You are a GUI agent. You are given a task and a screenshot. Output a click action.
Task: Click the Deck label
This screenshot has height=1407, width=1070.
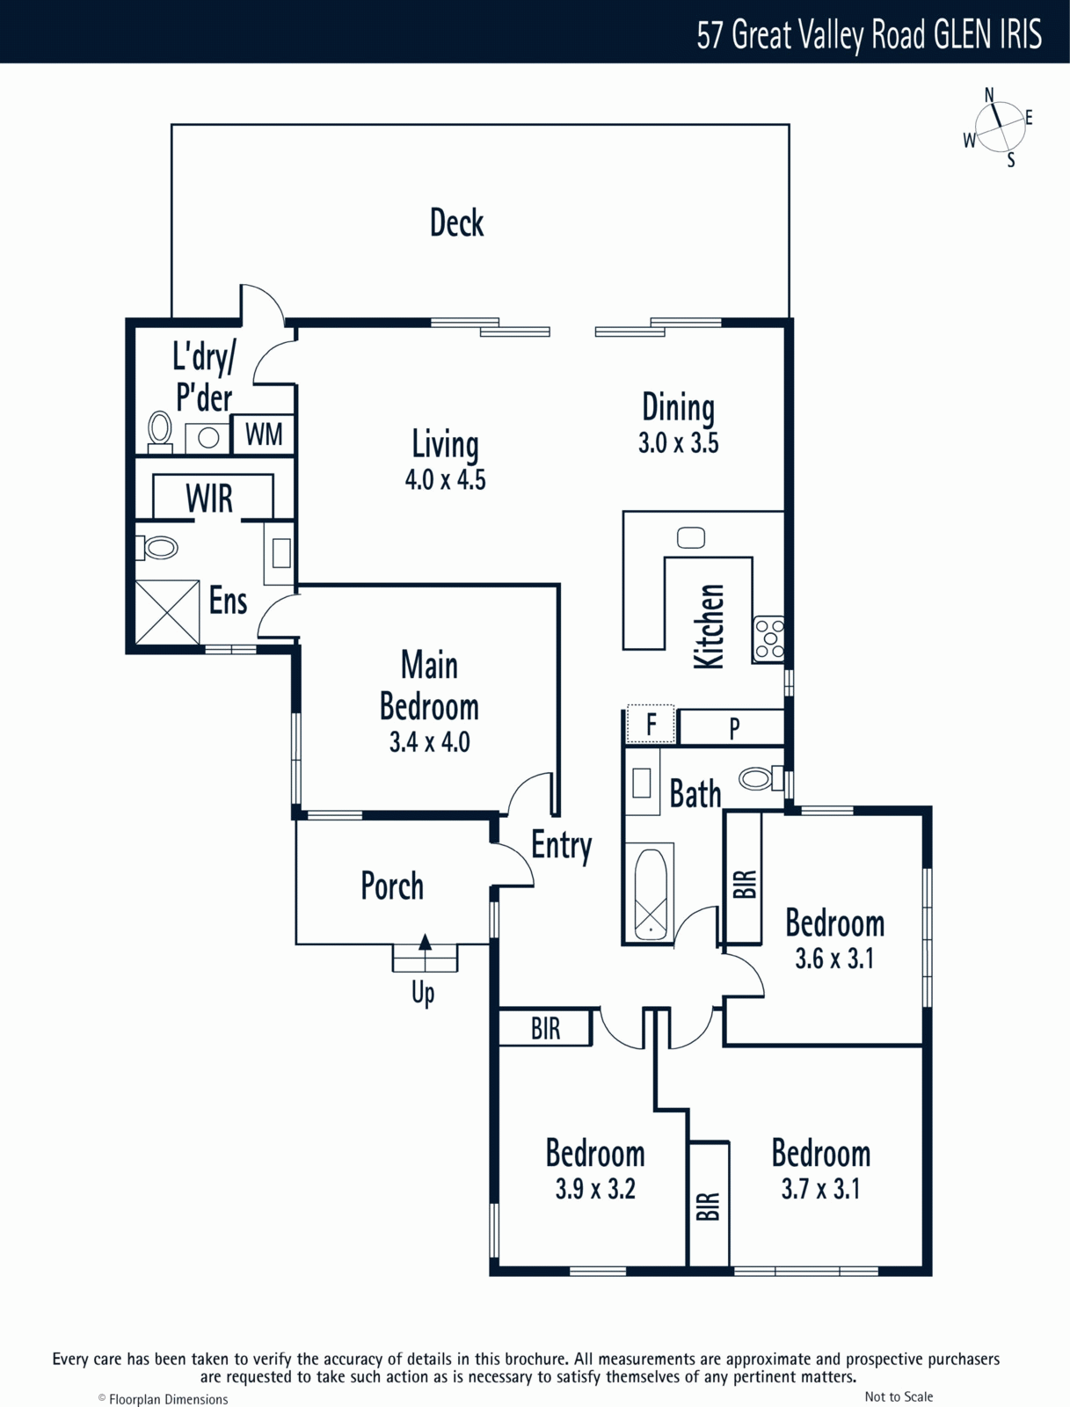457,222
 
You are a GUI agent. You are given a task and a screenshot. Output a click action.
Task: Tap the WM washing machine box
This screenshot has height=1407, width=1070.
263,434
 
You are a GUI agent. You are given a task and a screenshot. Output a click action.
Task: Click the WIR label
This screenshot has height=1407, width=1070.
209,498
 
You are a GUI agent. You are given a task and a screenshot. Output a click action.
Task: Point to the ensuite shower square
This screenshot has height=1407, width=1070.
167,612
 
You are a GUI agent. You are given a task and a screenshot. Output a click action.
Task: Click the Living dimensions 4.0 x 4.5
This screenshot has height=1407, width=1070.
445,479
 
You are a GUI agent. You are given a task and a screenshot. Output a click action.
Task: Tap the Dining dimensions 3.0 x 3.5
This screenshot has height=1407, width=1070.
679,443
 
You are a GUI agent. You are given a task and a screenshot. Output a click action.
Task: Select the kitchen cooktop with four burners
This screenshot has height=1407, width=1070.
768,638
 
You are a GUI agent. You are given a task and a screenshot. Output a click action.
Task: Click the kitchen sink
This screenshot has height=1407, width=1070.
691,537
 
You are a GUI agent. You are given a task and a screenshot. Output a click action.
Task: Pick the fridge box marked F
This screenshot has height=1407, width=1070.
651,724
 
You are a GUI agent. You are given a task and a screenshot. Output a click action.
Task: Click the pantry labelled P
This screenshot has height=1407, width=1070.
732,727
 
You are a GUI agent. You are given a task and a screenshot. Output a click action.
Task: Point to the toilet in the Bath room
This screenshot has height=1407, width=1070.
761,779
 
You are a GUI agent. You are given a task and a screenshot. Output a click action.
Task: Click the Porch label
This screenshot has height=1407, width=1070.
392,886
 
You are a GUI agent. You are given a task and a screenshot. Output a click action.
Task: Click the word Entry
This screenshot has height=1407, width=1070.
561,846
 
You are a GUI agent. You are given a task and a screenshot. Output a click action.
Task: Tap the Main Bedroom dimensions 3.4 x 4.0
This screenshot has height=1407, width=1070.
429,741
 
